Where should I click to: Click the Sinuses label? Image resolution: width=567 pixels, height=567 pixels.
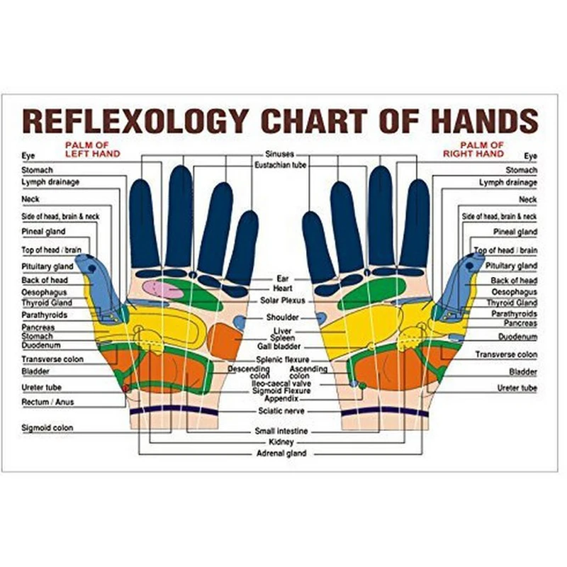point(279,154)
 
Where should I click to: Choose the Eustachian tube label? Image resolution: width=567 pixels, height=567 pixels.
point(280,164)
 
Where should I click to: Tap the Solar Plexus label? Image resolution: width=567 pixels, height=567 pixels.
point(281,301)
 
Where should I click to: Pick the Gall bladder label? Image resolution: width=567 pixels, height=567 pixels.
point(282,347)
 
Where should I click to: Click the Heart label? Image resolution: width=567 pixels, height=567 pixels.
point(282,289)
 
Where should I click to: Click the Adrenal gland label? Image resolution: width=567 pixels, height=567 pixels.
point(281,453)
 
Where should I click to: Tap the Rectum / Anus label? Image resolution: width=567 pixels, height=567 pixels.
point(47,402)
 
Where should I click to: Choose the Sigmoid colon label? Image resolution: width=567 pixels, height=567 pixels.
point(47,428)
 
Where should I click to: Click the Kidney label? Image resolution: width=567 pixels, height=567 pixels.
point(282,442)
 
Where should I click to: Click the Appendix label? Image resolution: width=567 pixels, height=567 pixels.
point(281,398)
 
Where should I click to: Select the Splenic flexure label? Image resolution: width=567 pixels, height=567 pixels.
point(281,360)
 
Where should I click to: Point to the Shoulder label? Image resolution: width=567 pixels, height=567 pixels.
point(281,318)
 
